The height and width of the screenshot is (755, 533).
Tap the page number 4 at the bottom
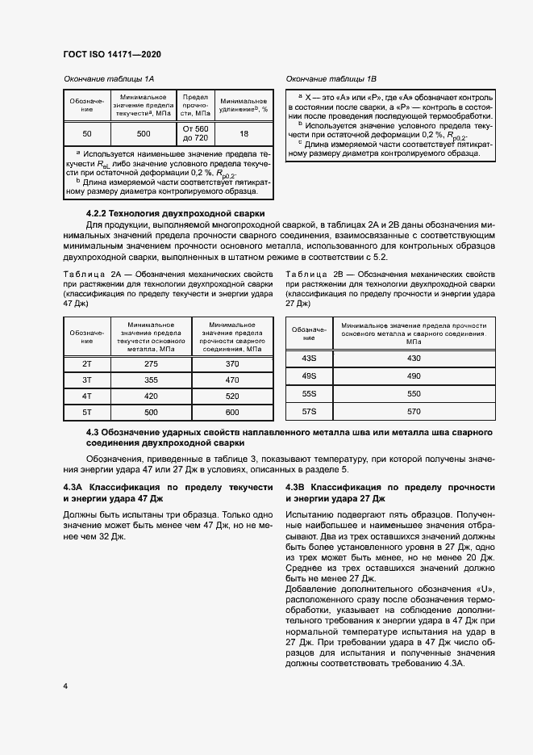[x=65, y=686]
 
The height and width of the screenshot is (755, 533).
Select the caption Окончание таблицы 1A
[x=108, y=79]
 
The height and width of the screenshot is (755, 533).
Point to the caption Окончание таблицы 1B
[x=331, y=79]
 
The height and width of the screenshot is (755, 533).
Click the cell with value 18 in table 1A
[x=244, y=133]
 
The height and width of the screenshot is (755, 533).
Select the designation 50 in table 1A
[x=87, y=133]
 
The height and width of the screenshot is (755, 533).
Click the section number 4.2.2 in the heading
[x=101, y=212]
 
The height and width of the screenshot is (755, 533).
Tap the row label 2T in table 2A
[x=87, y=364]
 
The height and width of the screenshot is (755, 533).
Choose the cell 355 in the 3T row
[x=152, y=380]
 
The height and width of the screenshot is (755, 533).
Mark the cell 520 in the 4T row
[x=232, y=396]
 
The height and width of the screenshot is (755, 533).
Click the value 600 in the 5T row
[x=232, y=413]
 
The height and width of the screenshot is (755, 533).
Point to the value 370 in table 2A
[x=232, y=364]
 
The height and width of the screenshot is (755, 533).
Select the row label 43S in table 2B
[x=309, y=358]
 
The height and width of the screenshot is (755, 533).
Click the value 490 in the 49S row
[x=414, y=375]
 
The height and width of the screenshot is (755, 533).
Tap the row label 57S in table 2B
[x=309, y=412]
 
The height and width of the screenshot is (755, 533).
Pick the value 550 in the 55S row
[x=414, y=394]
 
